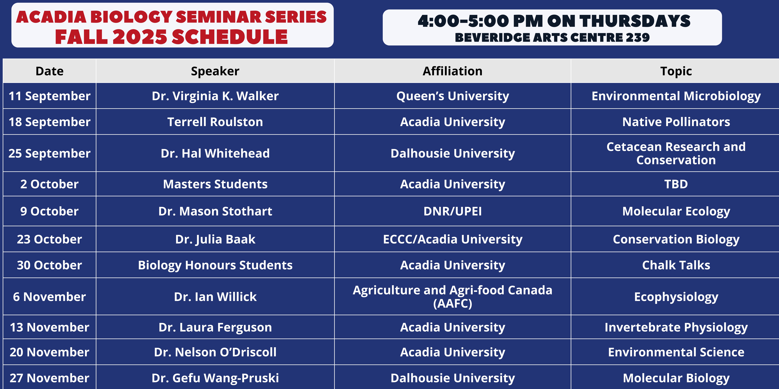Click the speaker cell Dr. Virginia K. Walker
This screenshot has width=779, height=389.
[x=215, y=96]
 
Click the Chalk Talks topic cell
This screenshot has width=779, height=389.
[x=676, y=265]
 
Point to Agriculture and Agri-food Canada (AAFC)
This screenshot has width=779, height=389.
[x=453, y=297]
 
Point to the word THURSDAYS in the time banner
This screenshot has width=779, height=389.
[x=635, y=21]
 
